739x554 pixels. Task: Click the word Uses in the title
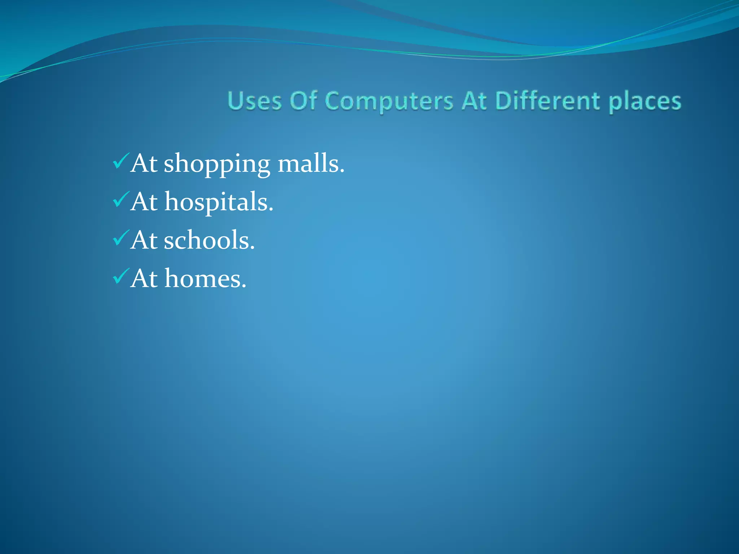[x=254, y=101]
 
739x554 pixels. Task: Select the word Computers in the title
[x=389, y=101]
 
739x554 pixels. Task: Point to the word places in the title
[x=645, y=102]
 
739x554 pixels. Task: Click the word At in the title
[x=475, y=101]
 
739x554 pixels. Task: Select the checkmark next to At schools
[x=121, y=238]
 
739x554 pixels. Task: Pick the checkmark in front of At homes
[x=121, y=277]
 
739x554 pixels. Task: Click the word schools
[x=208, y=240]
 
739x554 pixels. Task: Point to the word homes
[x=204, y=279]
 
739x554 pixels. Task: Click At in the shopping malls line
[x=144, y=164]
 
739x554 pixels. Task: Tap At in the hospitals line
[x=144, y=202]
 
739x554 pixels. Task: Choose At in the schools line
[x=144, y=241]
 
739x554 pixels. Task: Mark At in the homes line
[x=144, y=279]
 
